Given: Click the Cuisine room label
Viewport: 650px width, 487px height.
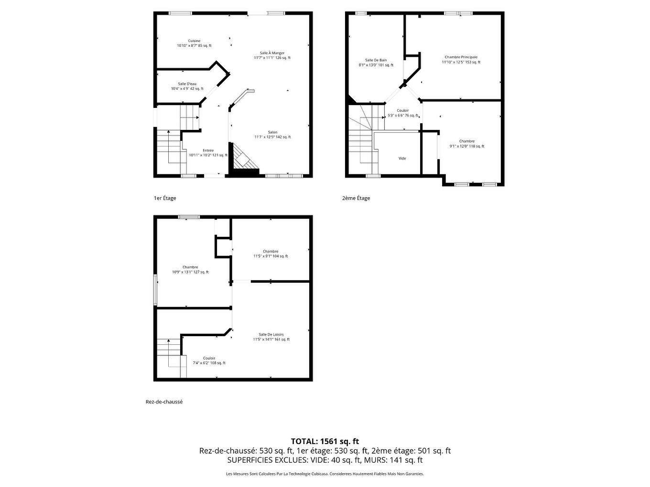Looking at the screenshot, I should [x=194, y=41].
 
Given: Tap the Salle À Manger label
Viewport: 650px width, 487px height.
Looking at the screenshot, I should [x=272, y=53].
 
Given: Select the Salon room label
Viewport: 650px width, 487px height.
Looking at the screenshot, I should [x=272, y=132].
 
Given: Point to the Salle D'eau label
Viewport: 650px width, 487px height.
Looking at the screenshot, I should [x=187, y=84].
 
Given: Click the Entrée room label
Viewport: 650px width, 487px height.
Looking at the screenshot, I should [x=208, y=150].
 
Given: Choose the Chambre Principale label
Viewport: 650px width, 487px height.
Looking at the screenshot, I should [x=461, y=57].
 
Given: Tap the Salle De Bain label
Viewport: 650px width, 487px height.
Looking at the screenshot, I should [x=376, y=60].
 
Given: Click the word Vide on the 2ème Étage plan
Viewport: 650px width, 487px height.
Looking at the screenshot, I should [x=402, y=159].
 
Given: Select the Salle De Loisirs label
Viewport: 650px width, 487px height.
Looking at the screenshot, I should [x=271, y=335].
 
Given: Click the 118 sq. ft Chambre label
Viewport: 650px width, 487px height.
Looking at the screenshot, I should [x=467, y=141].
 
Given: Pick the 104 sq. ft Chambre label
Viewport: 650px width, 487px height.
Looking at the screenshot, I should [x=271, y=252].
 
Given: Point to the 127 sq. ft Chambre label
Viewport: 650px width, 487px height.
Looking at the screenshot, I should [x=190, y=267].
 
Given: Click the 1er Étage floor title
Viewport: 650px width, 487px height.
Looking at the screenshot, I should [x=162, y=198].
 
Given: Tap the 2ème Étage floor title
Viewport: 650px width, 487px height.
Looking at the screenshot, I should [x=356, y=198].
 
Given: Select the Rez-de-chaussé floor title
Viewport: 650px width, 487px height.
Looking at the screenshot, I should [x=164, y=402].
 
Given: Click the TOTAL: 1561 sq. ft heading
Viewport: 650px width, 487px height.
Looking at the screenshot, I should [x=325, y=441].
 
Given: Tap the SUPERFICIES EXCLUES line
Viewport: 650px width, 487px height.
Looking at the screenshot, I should [x=325, y=460].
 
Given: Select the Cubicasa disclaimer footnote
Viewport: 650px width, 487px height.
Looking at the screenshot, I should [x=325, y=474].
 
